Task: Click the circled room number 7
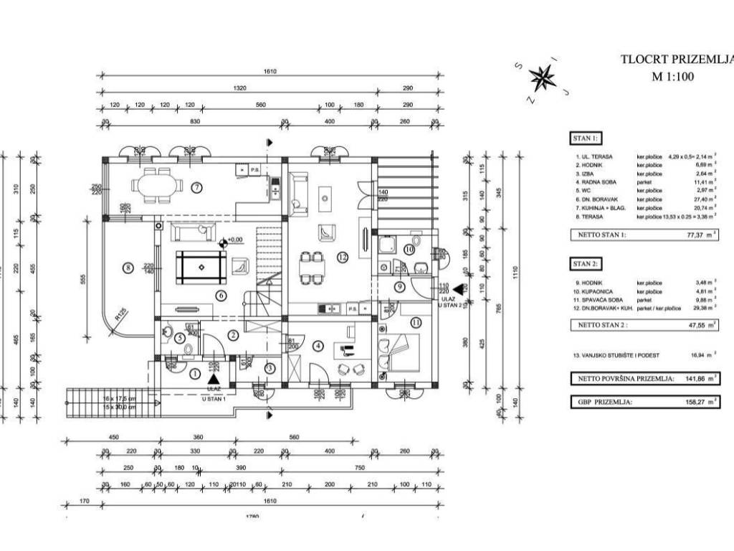pos(196,188)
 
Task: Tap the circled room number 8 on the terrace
pos(128,268)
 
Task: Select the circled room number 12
pos(343,256)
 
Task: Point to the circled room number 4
pos(318,345)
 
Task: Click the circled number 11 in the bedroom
pos(415,322)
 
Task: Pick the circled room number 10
pos(409,250)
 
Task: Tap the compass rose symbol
pos(543,77)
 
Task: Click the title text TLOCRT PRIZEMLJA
pos(677,60)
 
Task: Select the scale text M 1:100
pos(673,78)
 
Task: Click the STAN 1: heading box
pos(585,138)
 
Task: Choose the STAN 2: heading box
pos(585,263)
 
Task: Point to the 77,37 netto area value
pos(692,235)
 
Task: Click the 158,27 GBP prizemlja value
pos(692,402)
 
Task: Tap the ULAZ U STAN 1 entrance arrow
pos(213,380)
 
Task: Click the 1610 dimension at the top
pos(270,72)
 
